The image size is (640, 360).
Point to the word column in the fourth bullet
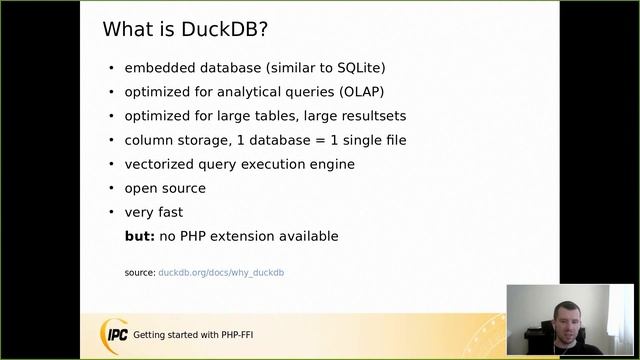tap(149, 140)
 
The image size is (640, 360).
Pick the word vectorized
tap(158, 164)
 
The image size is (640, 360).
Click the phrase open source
tap(165, 188)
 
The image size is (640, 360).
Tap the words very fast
tap(153, 212)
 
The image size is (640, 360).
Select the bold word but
tap(139, 236)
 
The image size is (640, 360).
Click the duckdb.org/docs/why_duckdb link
tap(221, 272)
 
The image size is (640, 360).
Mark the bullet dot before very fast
tap(111, 212)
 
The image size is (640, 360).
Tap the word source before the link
tap(139, 272)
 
